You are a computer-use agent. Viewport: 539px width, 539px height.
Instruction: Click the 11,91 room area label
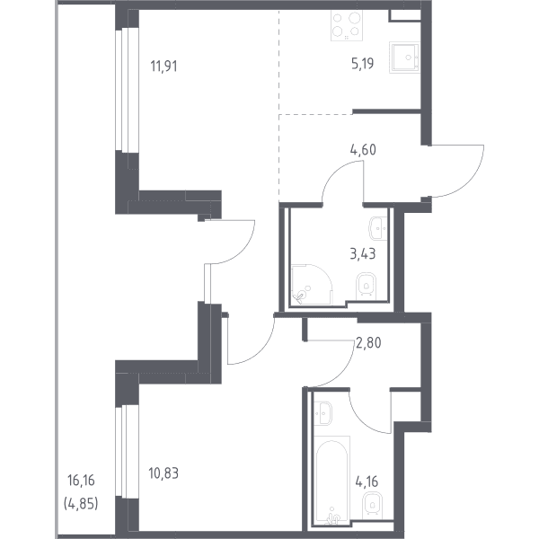coord(164,66)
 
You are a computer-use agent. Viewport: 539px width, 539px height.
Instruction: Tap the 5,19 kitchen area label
coord(363,64)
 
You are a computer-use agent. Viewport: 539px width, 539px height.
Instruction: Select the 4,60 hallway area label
coord(363,150)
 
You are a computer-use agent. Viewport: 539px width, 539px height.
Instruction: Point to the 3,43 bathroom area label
coord(363,254)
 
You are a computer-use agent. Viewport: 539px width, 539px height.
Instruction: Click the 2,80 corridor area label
coord(368,343)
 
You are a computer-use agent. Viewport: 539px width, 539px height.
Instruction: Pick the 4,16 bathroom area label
coord(367,482)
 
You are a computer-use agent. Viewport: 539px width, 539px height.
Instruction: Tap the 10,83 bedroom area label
coord(163,473)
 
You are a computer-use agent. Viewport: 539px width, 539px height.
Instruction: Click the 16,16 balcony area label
coord(81,481)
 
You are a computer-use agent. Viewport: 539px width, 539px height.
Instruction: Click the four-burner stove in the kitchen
coord(347,25)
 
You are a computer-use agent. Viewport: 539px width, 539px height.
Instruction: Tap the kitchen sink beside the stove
coord(404,57)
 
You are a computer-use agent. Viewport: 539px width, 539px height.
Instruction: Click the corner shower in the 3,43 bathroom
coord(312,284)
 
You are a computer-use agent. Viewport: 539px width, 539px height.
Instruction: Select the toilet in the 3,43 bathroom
coord(366,284)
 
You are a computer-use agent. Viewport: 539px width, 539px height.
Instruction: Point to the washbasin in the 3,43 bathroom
coord(378,228)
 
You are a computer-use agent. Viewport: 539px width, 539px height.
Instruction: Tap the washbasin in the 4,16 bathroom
coord(323,413)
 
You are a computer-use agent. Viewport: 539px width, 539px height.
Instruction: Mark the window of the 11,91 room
coord(127,90)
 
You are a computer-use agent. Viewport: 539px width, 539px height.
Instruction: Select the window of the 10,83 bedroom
coord(127,451)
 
